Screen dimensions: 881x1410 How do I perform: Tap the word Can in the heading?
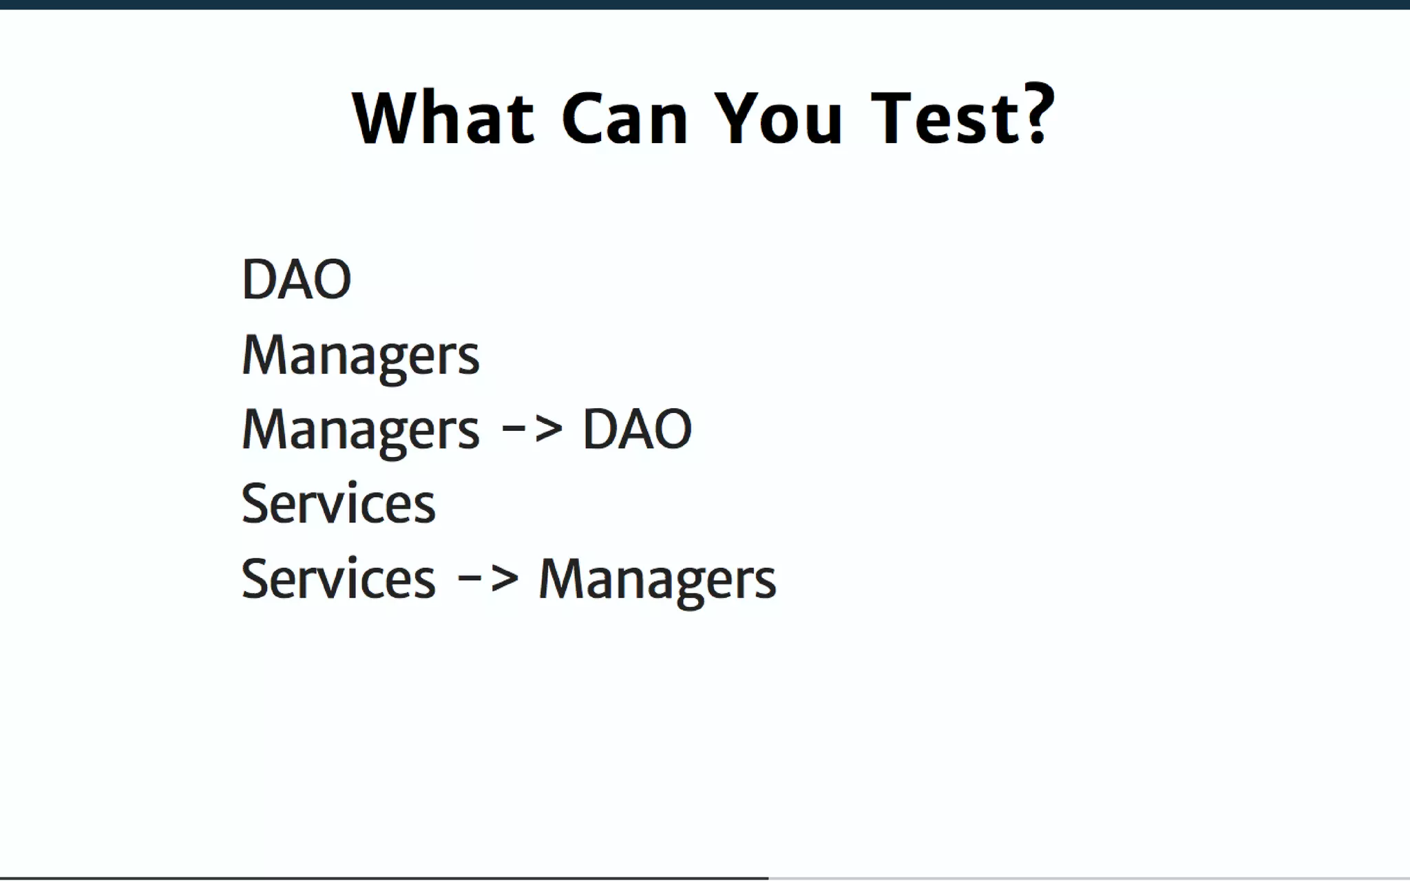pos(624,118)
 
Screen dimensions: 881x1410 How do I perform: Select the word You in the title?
pos(777,118)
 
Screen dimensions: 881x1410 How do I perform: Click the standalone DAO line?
pos(296,279)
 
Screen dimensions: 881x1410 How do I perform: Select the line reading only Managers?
pos(360,355)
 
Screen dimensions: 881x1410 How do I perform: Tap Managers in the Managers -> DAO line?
pos(360,430)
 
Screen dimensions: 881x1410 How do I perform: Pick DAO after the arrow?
pos(637,429)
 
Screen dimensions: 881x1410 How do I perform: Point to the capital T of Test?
pos(892,118)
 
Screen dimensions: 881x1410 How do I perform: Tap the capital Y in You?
pos(734,118)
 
